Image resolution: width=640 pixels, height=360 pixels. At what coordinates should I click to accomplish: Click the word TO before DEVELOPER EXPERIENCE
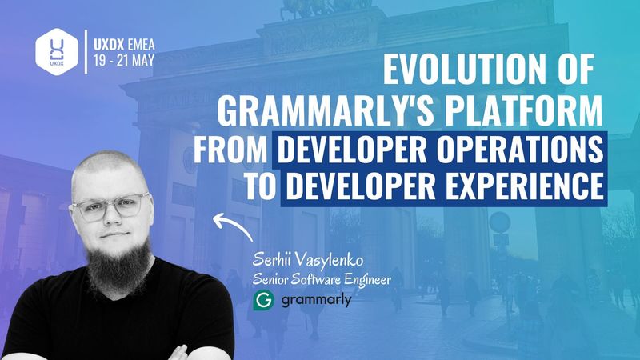pyautogui.click(x=262, y=186)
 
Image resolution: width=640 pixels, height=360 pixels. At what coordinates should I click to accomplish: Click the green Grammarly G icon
pyautogui.click(x=264, y=302)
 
